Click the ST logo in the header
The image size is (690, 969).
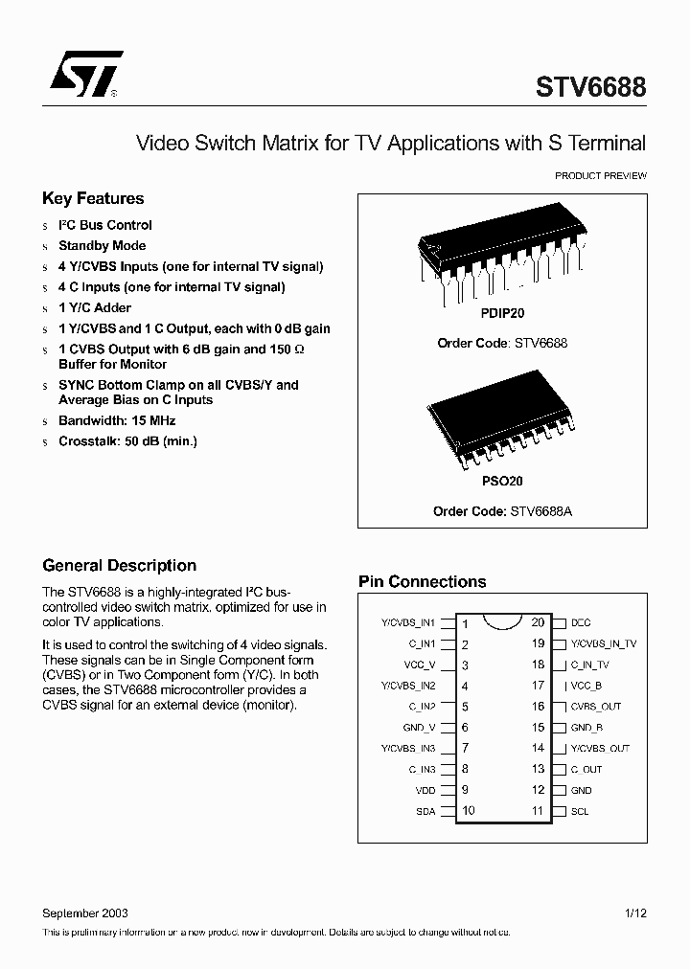click(x=86, y=75)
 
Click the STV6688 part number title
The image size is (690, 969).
click(x=590, y=88)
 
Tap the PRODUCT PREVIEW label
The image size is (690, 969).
click(x=601, y=176)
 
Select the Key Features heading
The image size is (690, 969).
click(x=93, y=198)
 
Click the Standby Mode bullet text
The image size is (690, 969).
click(x=102, y=246)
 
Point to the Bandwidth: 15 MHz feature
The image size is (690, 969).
click(x=117, y=420)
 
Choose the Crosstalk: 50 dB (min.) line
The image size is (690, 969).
click(x=127, y=441)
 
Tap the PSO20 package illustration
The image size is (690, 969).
click(x=503, y=422)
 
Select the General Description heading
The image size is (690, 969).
click(x=119, y=566)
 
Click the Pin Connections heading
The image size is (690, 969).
click(x=422, y=581)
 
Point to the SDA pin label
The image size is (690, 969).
click(x=425, y=812)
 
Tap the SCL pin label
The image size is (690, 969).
click(x=580, y=812)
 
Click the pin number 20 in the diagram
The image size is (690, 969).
click(x=538, y=622)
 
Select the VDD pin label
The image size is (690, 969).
click(x=425, y=791)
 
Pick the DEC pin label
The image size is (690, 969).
click(x=581, y=623)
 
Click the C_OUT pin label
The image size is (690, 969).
click(x=586, y=770)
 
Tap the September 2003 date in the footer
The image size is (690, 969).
click(x=85, y=913)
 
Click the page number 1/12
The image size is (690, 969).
click(x=634, y=913)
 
